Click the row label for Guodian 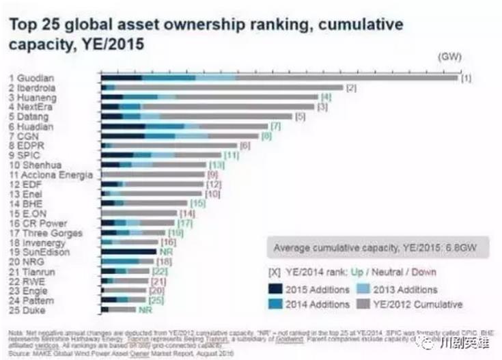click(27, 79)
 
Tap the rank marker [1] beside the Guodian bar click(466, 79)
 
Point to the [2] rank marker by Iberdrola click(352, 88)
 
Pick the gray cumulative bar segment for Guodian click(345, 79)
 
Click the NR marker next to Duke click(145, 310)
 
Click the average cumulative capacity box click(375, 247)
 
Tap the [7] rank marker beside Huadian click(276, 126)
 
